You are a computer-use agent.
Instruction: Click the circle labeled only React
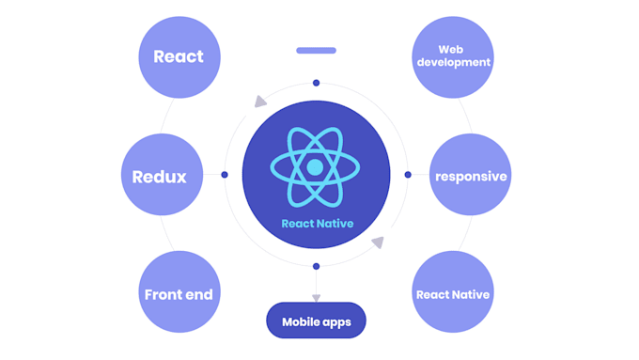[179, 56]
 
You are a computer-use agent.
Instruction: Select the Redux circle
[160, 176]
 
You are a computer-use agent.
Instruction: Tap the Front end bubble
[179, 294]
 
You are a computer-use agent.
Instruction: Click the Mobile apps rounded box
[317, 321]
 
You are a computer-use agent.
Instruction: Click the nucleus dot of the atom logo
[316, 167]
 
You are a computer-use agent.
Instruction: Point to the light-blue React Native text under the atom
[316, 224]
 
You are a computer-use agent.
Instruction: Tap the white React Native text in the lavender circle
[452, 294]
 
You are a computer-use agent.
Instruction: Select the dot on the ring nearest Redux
[224, 175]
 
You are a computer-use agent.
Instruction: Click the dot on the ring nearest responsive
[408, 175]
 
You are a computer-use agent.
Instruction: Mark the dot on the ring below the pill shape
[316, 83]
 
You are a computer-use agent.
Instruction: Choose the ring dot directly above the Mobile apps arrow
[316, 266]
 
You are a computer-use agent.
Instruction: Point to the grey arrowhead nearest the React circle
[260, 102]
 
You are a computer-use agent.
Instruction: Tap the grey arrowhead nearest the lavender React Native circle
[378, 243]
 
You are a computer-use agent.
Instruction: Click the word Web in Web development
[452, 49]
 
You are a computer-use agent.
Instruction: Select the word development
[452, 63]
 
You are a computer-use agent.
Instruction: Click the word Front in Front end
[163, 294]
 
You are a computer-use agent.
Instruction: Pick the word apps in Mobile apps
[335, 321]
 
